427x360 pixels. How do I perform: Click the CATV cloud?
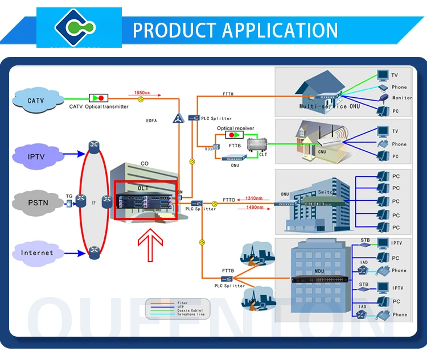point(35,101)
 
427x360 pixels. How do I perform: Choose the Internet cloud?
point(37,253)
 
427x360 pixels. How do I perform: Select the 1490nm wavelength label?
point(254,208)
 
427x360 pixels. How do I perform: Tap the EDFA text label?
point(151,121)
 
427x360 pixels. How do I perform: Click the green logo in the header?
point(80,27)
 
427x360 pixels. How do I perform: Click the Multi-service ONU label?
point(323,106)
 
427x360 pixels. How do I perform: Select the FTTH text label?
point(228,94)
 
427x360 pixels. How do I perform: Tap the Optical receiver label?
point(236,129)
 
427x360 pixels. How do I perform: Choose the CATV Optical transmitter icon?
point(98,98)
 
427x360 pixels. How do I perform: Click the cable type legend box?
point(178,308)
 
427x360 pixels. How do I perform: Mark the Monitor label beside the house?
point(402,98)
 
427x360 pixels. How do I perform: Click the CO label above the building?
point(145,164)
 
